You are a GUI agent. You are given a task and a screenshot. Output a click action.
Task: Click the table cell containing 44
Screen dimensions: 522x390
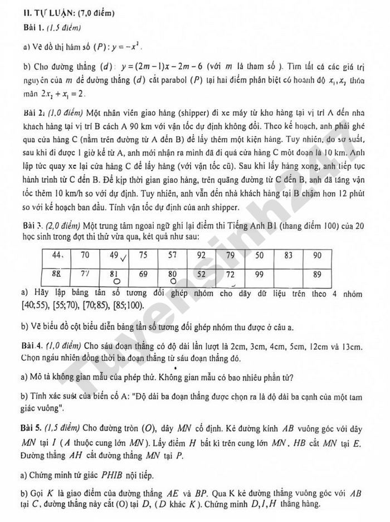58,255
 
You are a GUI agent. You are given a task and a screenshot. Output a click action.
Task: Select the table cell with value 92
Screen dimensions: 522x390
201,256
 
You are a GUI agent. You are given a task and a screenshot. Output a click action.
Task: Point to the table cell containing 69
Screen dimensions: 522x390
143,274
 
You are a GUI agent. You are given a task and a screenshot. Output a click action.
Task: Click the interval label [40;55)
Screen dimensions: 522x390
33,305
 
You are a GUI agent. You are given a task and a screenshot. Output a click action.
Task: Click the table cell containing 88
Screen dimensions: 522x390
58,274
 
